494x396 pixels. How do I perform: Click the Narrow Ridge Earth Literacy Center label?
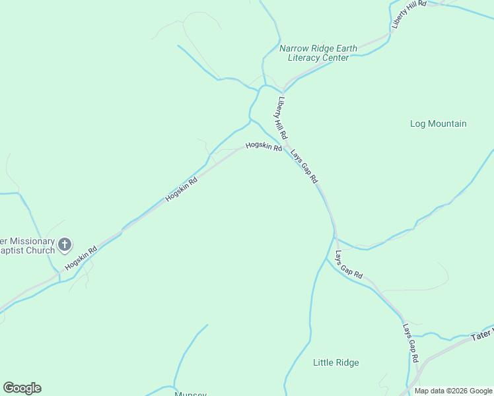pos(318,53)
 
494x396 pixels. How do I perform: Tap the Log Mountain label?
pos(438,123)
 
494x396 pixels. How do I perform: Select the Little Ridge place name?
pos(335,362)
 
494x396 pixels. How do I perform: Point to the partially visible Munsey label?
pos(191,393)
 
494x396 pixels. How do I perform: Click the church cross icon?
pos(65,246)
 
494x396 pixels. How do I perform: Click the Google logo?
pos(22,388)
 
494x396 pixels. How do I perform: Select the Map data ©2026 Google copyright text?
pos(452,391)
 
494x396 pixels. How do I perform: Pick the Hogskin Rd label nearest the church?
pos(81,258)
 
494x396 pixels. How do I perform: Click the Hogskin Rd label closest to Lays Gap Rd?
pos(264,147)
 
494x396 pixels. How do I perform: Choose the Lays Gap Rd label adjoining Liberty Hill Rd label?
pos(304,165)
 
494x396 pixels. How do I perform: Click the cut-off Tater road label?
pos(482,336)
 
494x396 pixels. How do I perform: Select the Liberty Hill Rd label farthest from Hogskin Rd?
pos(408,13)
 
